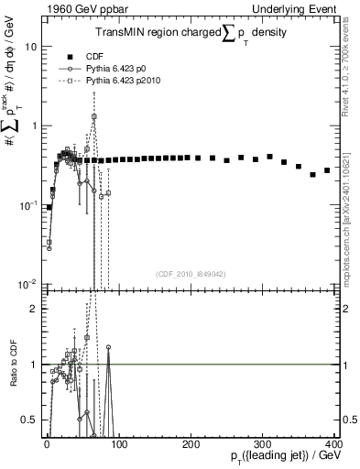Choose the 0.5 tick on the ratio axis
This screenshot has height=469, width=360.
(29, 420)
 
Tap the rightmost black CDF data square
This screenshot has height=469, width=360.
(327, 170)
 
